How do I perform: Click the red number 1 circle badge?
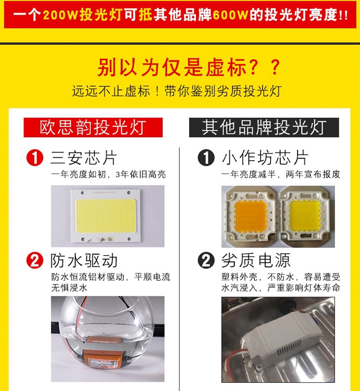coord(35,158)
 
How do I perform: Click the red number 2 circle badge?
coord(35,260)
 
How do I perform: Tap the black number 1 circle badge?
coord(206,158)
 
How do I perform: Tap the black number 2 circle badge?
coord(206,260)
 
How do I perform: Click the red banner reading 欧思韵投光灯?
coord(93,127)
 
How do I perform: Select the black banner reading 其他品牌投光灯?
coord(264,127)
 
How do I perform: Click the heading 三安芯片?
coord(84,158)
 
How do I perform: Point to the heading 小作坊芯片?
coord(265,158)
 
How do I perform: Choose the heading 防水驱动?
coord(84,260)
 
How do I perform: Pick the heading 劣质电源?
coord(256,260)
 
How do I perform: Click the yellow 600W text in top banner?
coord(230,15)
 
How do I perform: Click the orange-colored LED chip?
coord(251,216)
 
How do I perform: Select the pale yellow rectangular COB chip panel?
coord(106,216)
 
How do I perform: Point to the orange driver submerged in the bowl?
coord(104,359)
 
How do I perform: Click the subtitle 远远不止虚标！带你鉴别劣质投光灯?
coord(177,91)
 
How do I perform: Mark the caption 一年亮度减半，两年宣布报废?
coord(281,174)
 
